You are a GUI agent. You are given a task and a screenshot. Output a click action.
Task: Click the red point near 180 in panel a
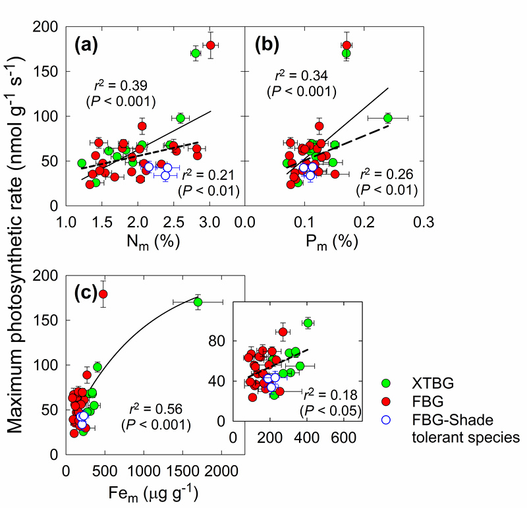click(x=211, y=45)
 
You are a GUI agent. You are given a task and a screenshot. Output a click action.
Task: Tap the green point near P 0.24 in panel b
click(x=387, y=118)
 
